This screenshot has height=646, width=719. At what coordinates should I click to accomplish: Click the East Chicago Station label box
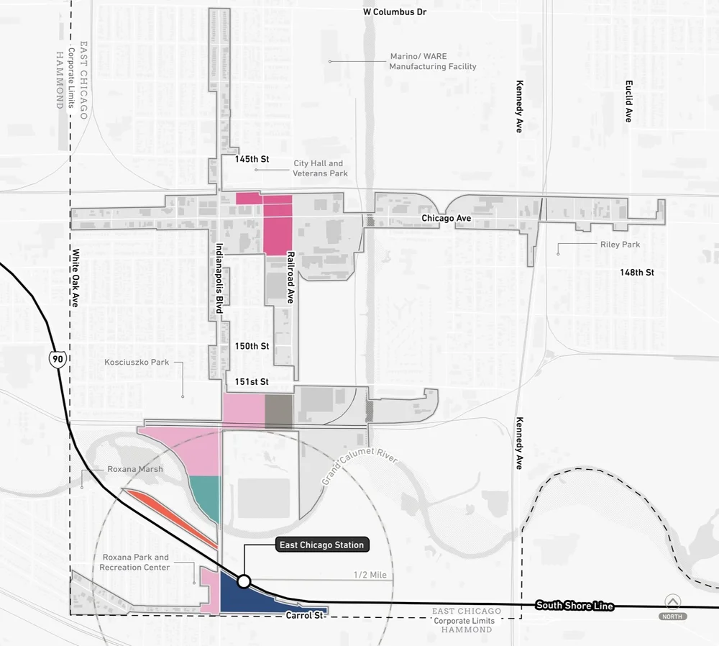[x=323, y=545]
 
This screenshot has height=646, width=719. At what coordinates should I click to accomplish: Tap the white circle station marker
[x=244, y=581]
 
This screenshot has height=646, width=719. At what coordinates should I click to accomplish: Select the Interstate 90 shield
[x=56, y=358]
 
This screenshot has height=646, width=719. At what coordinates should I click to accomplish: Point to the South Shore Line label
[x=574, y=606]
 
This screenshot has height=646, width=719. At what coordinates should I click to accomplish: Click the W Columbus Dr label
[x=395, y=12]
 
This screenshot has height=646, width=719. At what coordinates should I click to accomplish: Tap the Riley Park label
[x=620, y=245]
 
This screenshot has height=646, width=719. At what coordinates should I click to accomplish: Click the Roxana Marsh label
[x=135, y=469]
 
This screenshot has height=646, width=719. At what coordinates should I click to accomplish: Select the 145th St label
[x=252, y=159]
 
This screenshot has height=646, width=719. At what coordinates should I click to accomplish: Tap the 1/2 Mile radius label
[x=370, y=575]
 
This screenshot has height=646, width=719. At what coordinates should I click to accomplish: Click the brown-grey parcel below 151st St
[x=279, y=411]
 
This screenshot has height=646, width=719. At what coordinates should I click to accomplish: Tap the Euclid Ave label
[x=628, y=101]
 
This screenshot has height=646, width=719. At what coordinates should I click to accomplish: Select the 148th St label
[x=637, y=273]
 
